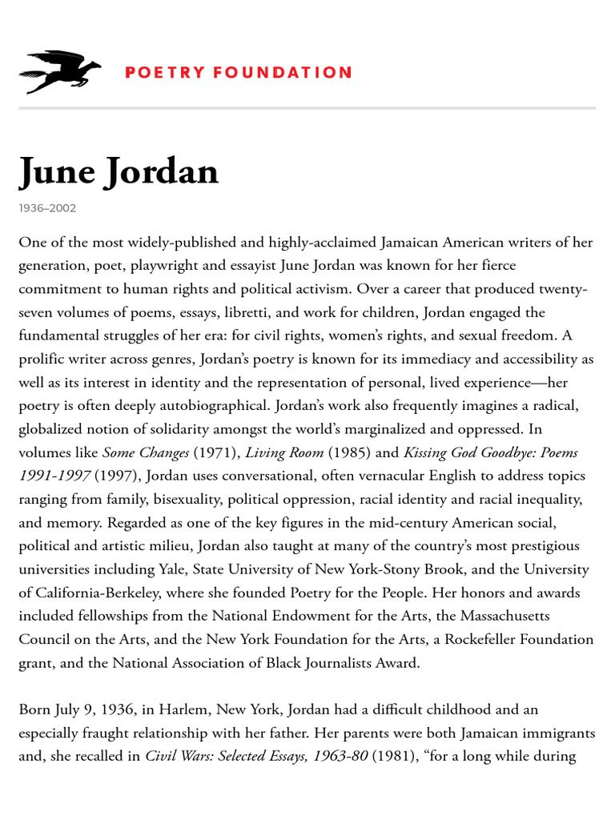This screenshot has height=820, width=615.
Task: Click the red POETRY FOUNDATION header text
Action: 238,73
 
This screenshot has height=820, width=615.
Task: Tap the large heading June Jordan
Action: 119,171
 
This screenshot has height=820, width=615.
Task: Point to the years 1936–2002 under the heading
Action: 47,208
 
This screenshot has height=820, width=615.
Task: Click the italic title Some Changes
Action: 146,452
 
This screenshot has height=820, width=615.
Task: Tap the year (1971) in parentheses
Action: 215,452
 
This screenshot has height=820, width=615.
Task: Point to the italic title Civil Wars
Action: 179,756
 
